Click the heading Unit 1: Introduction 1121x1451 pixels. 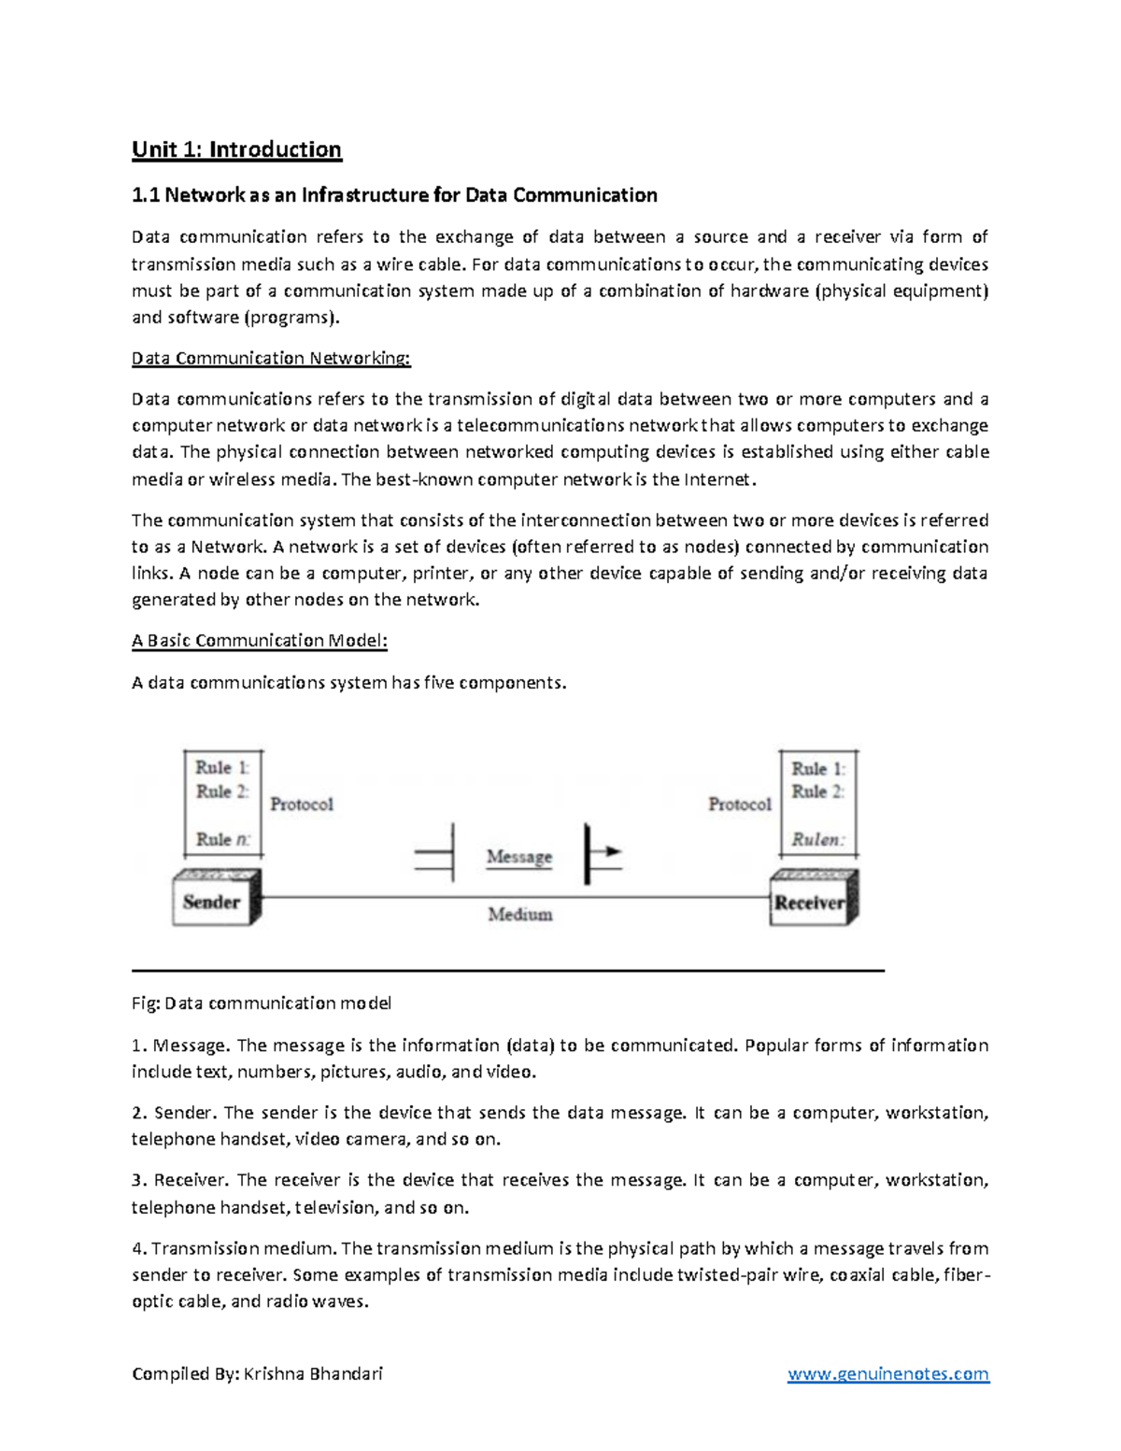pos(236,149)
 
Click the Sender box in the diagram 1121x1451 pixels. pos(212,902)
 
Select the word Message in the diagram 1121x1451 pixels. pos(518,857)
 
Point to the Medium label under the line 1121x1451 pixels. pos(519,915)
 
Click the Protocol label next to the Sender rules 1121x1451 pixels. pos(301,804)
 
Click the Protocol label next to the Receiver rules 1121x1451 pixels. pos(739,804)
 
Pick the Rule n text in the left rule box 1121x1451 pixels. pos(222,839)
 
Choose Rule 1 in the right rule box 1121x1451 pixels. pos(817,769)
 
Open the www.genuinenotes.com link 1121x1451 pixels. pos(887,1373)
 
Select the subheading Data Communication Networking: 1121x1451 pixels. pos(271,359)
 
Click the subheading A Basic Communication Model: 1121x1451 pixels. pos(259,641)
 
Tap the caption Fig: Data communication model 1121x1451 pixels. pos(262,1003)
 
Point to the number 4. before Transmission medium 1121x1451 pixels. pos(139,1248)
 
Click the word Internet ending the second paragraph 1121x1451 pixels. pos(717,480)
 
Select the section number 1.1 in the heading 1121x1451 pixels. pos(146,195)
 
